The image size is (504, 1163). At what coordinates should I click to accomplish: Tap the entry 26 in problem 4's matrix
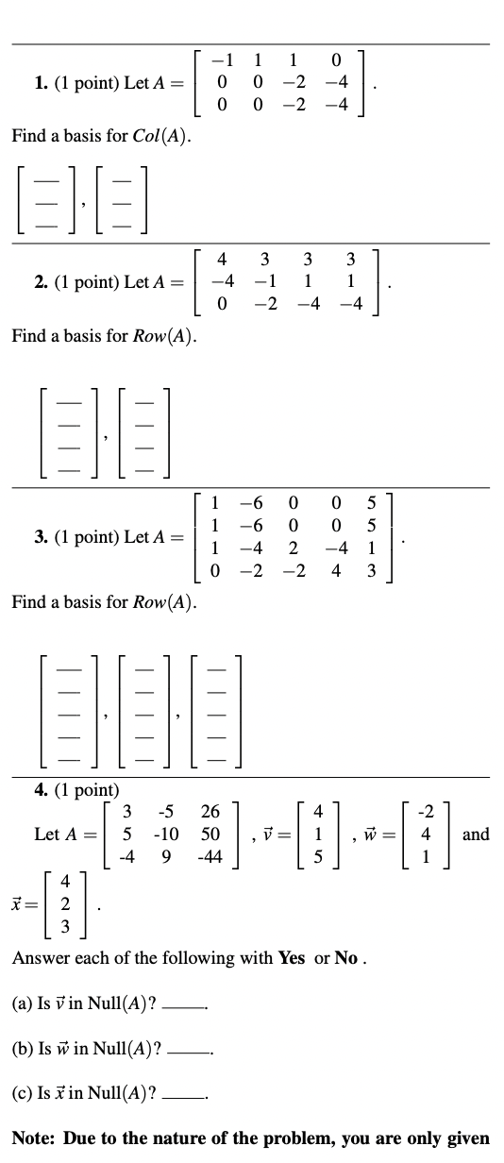point(210,811)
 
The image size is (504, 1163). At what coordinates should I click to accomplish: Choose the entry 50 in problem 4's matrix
point(210,834)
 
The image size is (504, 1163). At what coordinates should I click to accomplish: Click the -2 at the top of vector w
point(427,811)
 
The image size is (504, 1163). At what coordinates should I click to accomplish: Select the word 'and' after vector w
point(477,834)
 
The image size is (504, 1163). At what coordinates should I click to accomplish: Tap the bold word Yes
point(290,957)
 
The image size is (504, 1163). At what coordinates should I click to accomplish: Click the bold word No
point(348,957)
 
